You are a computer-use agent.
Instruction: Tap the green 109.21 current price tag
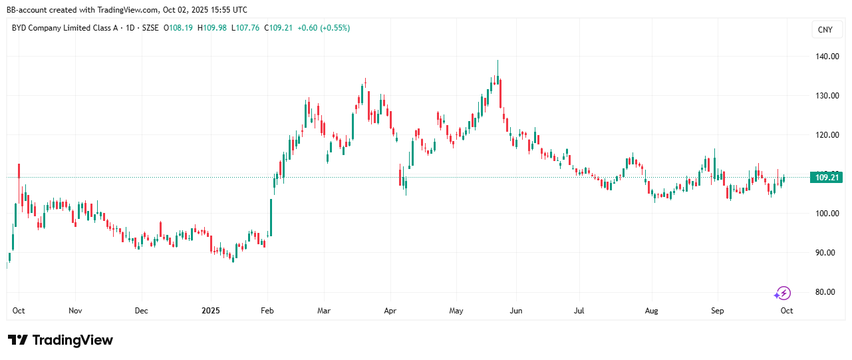coord(825,177)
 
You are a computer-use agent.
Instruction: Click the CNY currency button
coord(825,30)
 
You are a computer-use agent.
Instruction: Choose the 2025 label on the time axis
coord(211,311)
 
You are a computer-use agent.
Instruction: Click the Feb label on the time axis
coord(267,311)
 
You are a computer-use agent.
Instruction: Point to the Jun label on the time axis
coord(515,311)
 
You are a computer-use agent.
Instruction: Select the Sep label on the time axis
coord(717,311)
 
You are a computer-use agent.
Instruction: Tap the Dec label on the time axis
coord(141,311)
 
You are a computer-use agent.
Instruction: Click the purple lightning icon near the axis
coord(783,293)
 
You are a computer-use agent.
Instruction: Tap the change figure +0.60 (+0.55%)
coord(323,28)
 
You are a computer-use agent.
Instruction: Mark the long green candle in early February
coord(271,216)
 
